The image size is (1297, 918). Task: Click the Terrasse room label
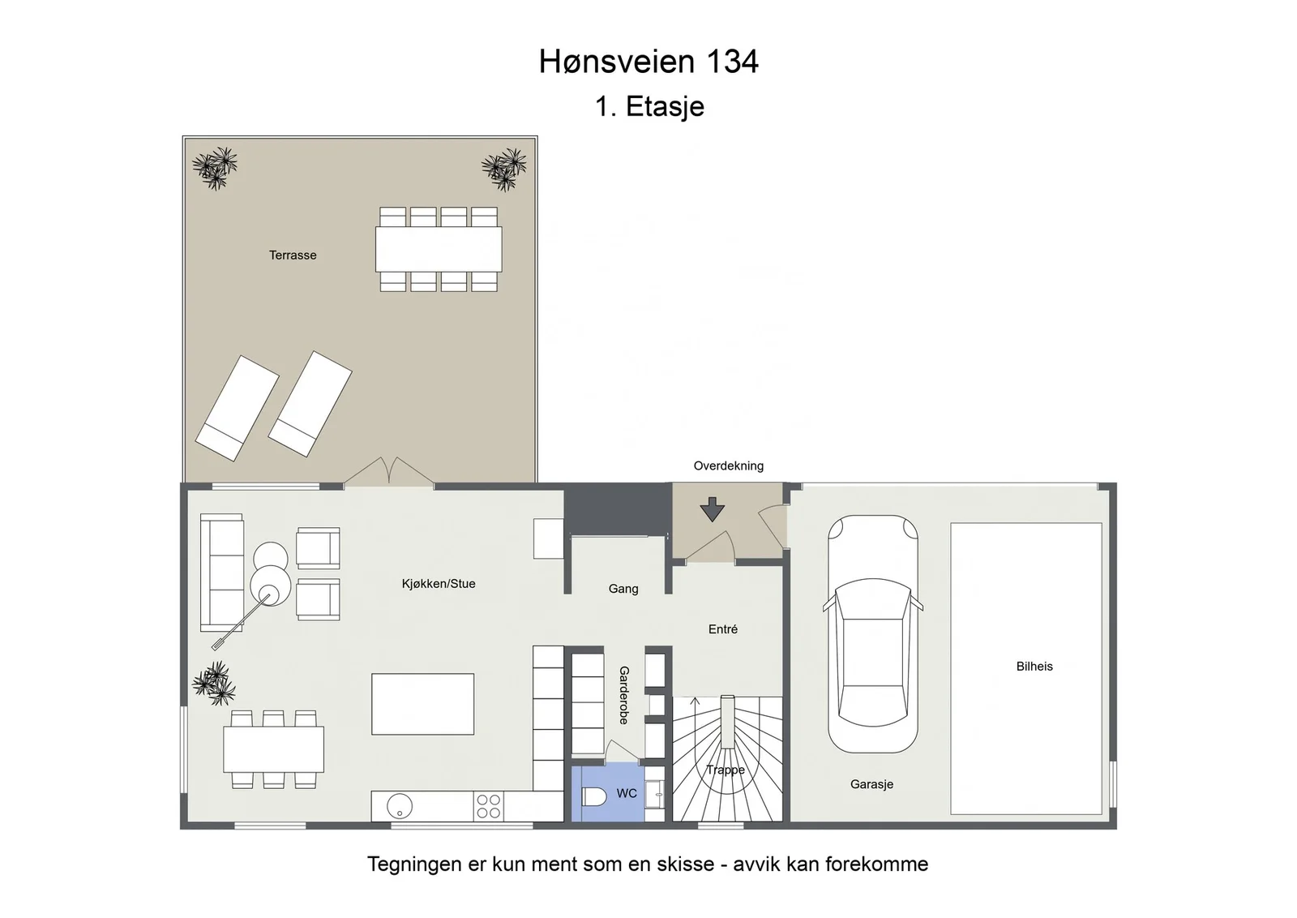tap(293, 255)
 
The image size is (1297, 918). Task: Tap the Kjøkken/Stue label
tap(439, 584)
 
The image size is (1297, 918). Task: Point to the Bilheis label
tap(1034, 666)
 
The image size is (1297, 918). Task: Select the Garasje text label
tap(871, 784)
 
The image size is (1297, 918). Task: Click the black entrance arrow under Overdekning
tap(713, 509)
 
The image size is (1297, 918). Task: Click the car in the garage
tap(872, 633)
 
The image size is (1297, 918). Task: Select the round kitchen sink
tap(400, 805)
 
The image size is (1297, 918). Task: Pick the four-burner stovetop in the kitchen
tap(488, 806)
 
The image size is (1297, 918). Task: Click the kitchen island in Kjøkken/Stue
tap(422, 704)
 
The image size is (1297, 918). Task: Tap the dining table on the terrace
tap(439, 249)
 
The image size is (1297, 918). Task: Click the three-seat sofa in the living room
tap(222, 573)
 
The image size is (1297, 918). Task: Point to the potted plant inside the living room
tap(214, 684)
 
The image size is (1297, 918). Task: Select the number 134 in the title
tap(732, 62)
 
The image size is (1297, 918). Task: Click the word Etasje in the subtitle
tap(665, 106)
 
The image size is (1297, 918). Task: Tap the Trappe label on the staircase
tap(725, 770)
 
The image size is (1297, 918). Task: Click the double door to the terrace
tap(389, 471)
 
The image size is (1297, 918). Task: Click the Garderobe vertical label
tap(623, 695)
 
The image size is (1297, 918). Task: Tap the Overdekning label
tap(729, 465)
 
